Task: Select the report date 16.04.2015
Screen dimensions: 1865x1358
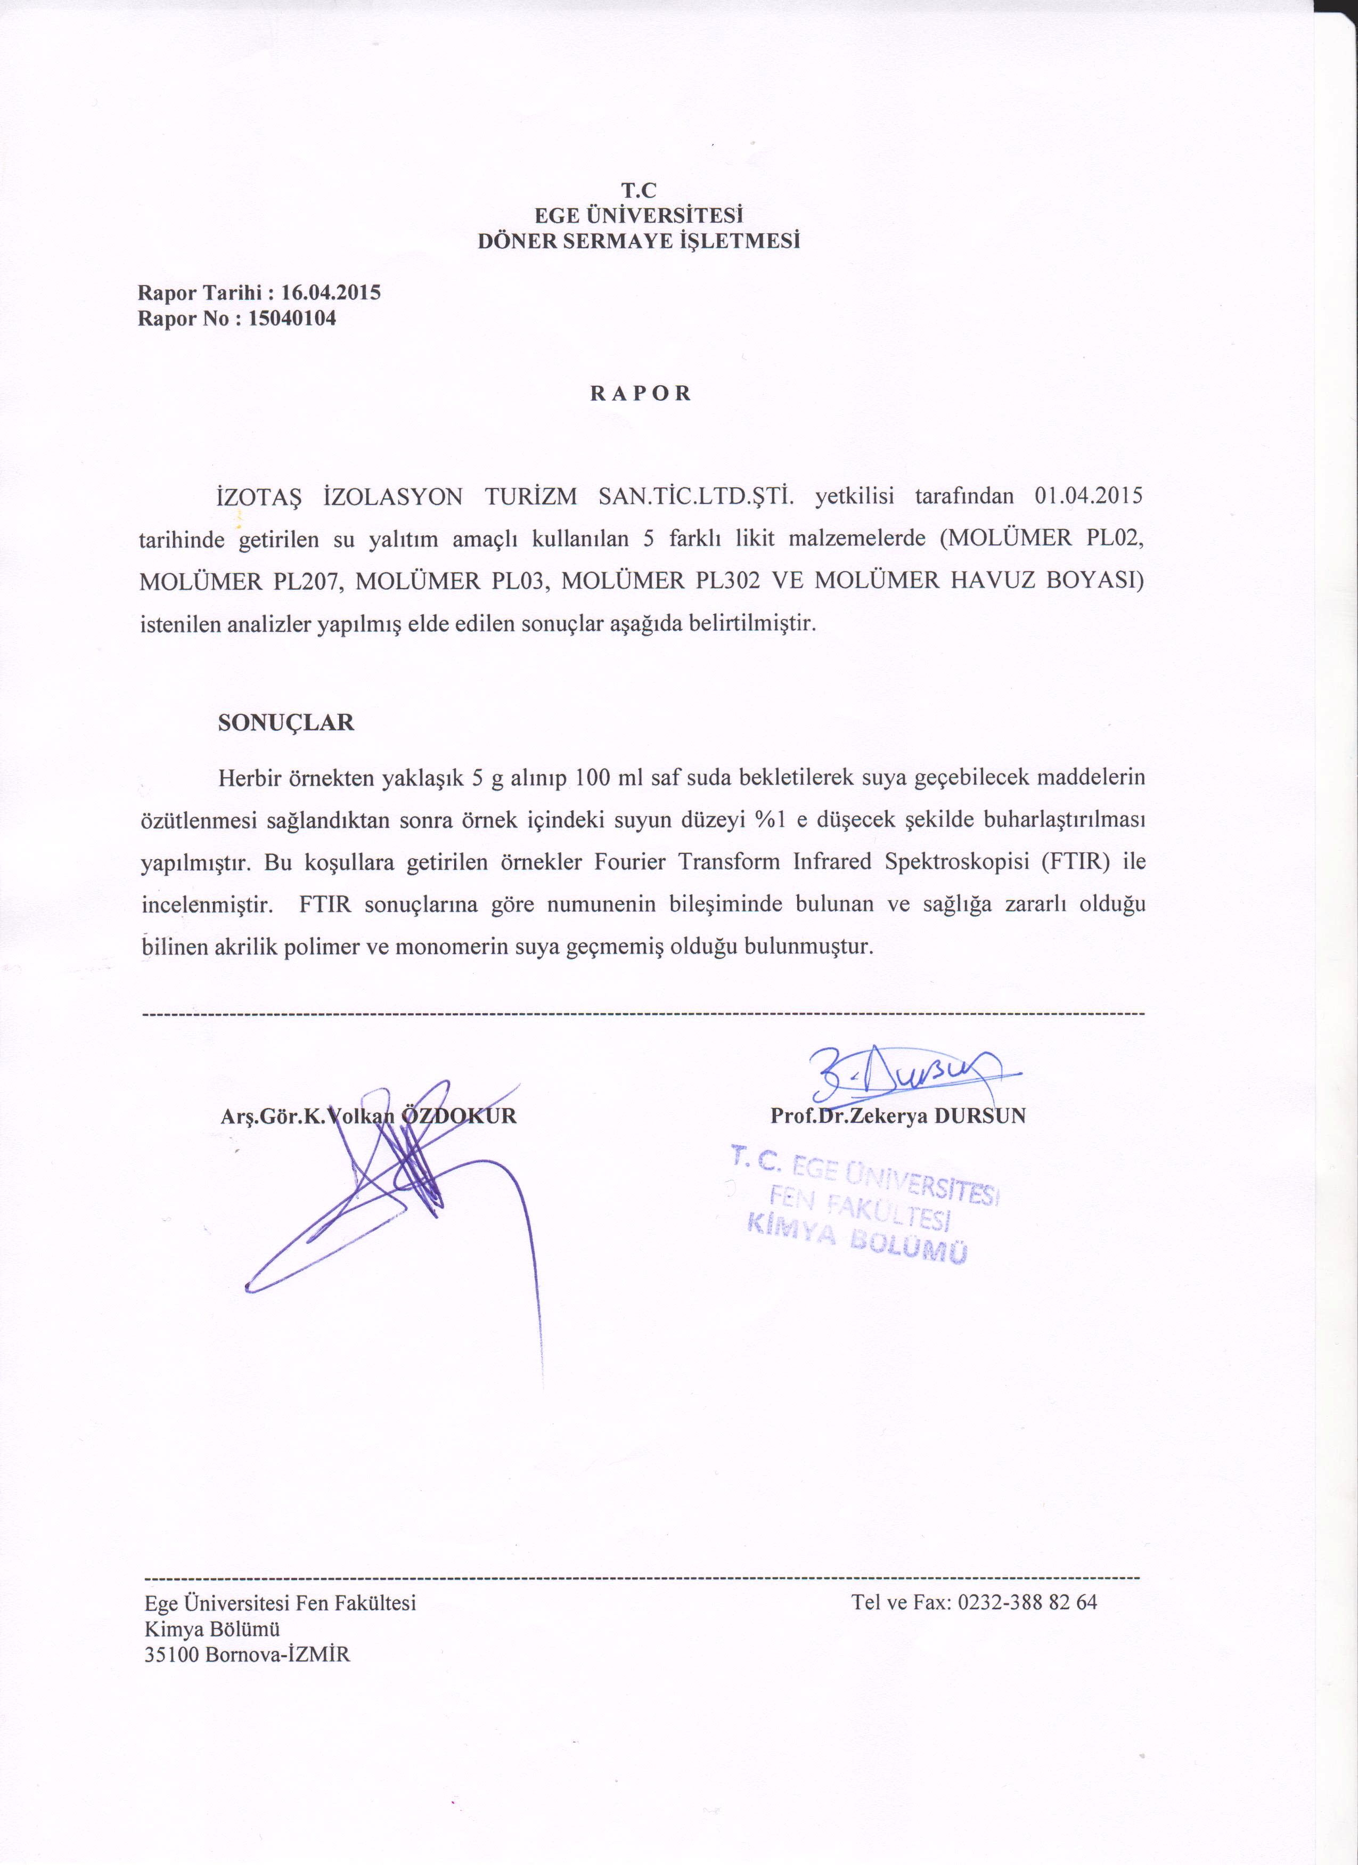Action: [x=331, y=293]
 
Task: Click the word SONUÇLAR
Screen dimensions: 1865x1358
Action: [x=285, y=723]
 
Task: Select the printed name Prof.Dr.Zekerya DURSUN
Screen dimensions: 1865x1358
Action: [x=898, y=1116]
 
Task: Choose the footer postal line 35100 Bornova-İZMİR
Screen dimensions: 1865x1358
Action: [x=248, y=1655]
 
